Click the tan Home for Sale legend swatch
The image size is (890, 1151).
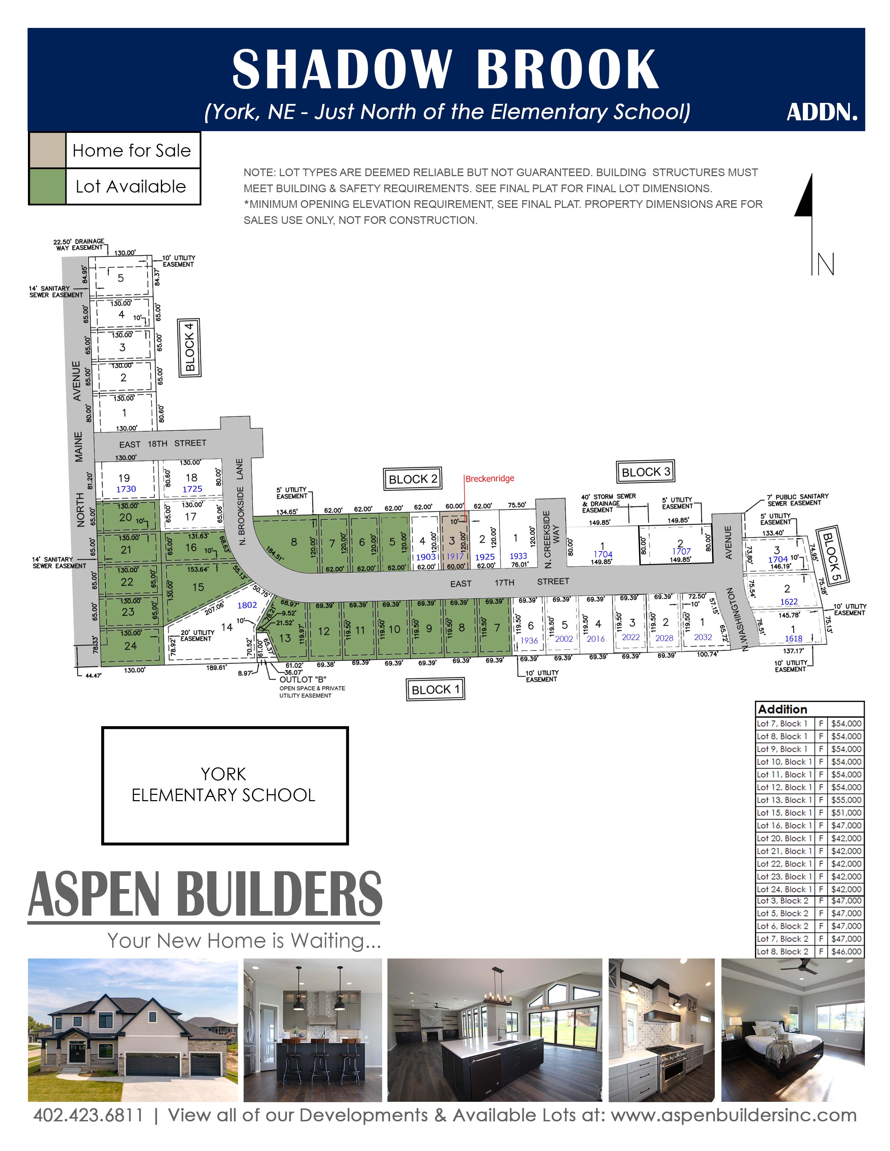(47, 151)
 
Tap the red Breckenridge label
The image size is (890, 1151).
(490, 479)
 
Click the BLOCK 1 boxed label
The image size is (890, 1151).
(436, 689)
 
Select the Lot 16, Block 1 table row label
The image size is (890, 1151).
(784, 825)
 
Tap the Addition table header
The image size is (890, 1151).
(783, 709)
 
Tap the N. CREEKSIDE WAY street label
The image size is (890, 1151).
(551, 539)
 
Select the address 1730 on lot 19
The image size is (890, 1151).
(126, 489)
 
